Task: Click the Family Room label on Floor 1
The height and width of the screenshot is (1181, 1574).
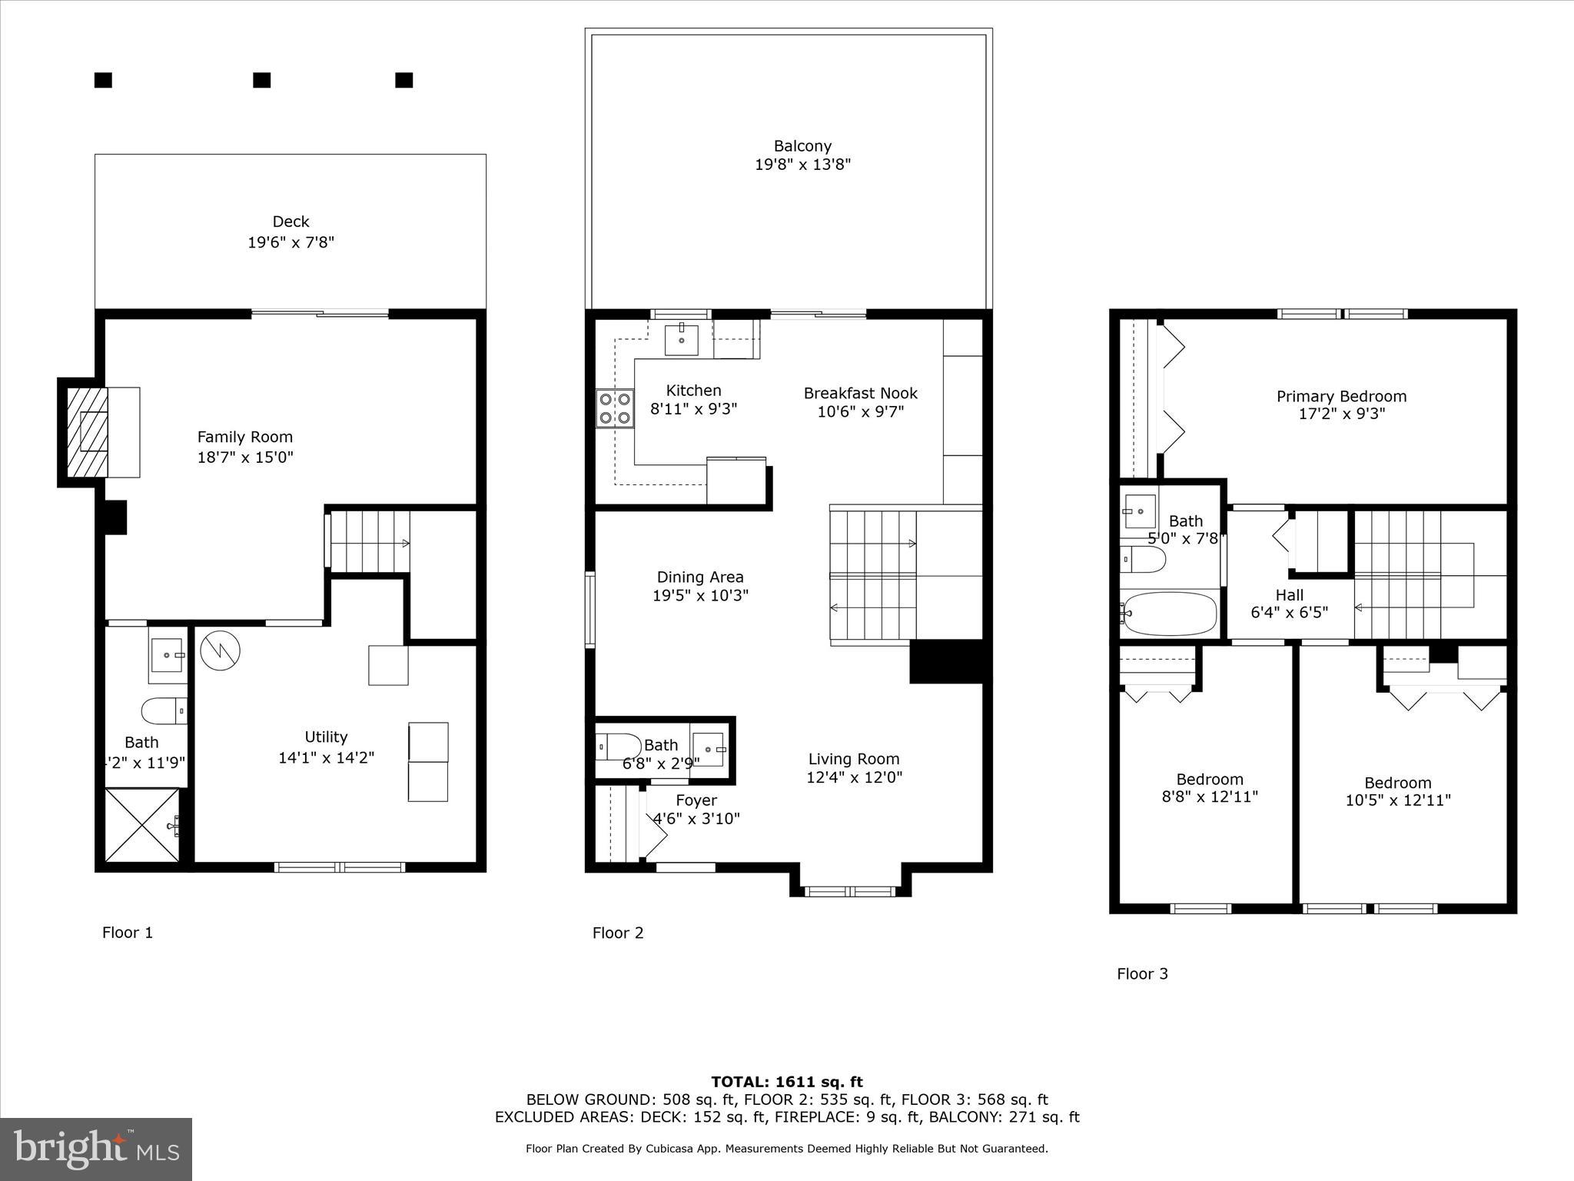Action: tap(244, 437)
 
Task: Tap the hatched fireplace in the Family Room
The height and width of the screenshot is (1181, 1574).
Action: tap(87, 432)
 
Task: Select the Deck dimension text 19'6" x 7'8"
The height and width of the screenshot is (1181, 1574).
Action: tap(291, 242)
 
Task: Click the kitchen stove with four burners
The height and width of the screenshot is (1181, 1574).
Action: tap(615, 408)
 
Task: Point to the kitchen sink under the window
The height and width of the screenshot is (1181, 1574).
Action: tap(681, 339)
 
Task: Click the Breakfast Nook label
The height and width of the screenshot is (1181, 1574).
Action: tap(860, 393)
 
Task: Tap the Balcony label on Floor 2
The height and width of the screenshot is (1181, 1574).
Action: tap(802, 145)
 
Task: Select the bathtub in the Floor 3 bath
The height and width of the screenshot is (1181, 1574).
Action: tap(1169, 614)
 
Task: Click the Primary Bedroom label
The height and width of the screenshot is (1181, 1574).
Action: tap(1341, 396)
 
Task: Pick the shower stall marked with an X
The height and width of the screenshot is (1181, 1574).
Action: tap(142, 825)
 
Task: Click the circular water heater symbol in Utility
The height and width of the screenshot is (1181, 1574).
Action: tap(220, 650)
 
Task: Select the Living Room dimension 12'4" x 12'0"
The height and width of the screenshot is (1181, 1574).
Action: tap(854, 777)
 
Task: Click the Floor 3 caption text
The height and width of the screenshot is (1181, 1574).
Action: tap(1142, 973)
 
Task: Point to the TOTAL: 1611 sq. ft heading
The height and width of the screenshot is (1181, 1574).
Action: tap(786, 1082)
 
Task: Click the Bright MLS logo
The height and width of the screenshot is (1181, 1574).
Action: tap(96, 1149)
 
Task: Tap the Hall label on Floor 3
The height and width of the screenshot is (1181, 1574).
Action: tap(1289, 594)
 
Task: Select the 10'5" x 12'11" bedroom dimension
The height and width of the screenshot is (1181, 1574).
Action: tap(1397, 800)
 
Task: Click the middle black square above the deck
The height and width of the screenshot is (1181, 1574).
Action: tap(262, 80)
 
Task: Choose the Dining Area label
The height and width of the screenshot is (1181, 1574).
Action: tap(699, 577)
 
